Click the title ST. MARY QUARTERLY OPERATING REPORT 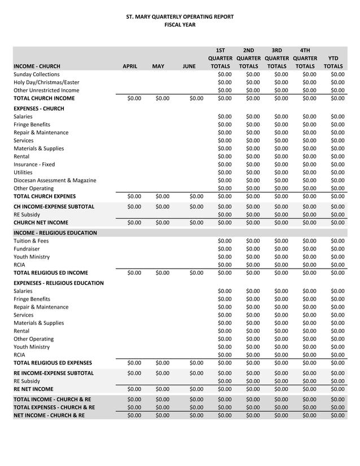(179, 17)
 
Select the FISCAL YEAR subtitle (179, 25)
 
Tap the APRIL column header (130, 66)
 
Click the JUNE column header (189, 66)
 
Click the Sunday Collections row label (37, 74)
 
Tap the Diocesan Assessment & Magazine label (55, 181)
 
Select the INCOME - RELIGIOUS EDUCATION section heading (55, 232)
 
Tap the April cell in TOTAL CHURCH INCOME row (134, 99)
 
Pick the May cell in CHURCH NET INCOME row (161, 223)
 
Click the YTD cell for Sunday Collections (337, 74)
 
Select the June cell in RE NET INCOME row (196, 389)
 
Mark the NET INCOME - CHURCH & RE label (49, 416)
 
